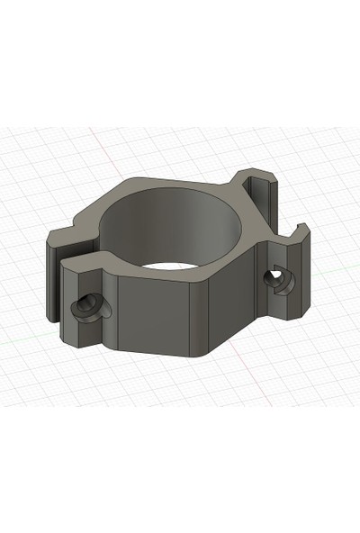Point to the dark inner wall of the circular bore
point(162,225)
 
